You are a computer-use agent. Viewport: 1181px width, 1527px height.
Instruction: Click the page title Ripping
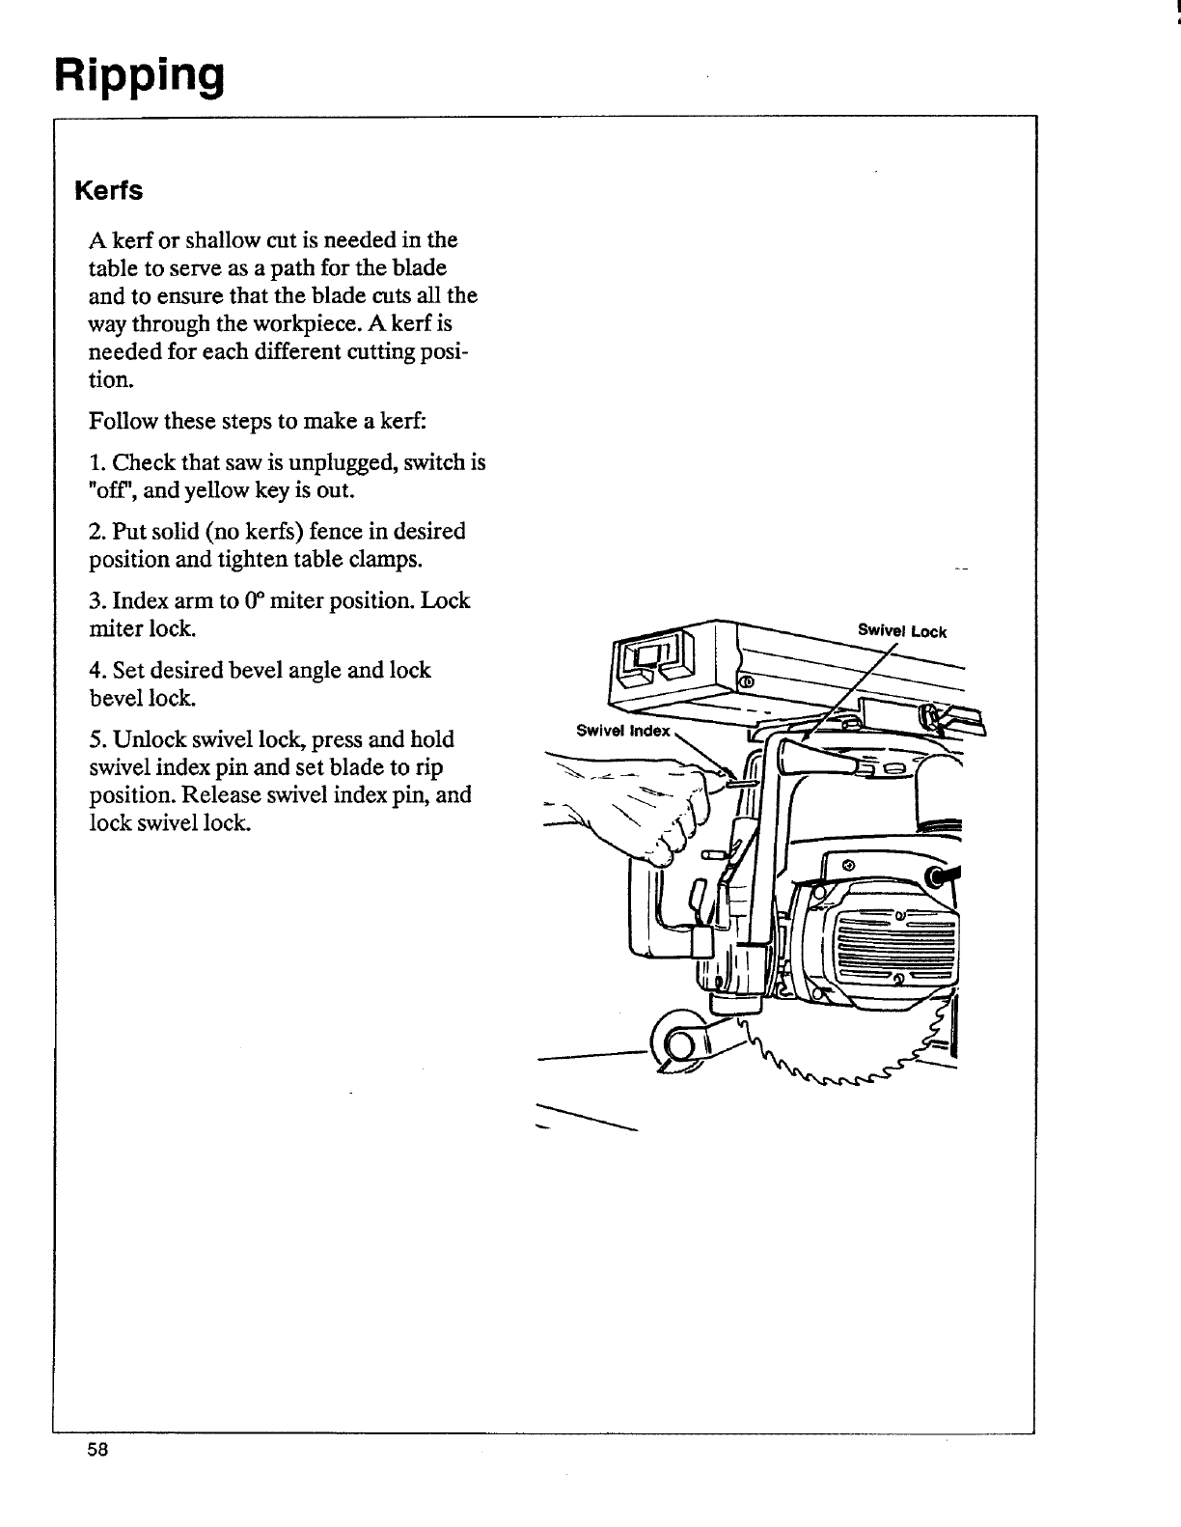click(139, 75)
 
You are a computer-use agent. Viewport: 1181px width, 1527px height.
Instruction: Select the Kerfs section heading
click(109, 191)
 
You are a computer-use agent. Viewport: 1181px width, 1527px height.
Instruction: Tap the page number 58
click(96, 1451)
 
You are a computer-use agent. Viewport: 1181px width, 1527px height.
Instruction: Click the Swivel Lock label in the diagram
click(902, 632)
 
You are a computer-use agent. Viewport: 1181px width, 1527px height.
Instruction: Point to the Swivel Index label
click(622, 731)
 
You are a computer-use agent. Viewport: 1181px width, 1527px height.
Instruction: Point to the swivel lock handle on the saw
click(820, 756)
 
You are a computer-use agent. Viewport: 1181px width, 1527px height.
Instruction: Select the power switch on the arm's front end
click(657, 659)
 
